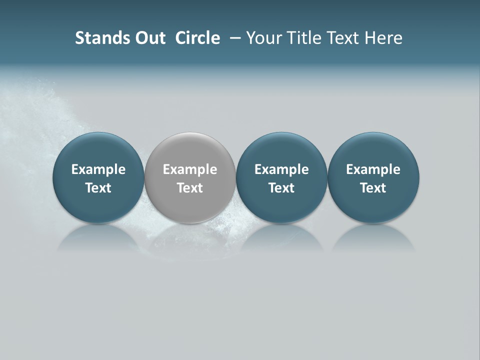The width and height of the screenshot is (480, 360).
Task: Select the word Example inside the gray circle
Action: coord(190,169)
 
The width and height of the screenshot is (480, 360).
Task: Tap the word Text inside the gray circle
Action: coord(190,188)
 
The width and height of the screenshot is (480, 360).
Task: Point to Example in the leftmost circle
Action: coord(98,169)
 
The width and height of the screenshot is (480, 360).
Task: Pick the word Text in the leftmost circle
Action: coord(98,188)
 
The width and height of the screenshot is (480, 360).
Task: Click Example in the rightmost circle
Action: coord(373,169)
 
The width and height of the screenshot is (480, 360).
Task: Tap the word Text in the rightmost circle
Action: coord(373,188)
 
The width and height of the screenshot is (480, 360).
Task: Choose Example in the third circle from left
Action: coord(281,169)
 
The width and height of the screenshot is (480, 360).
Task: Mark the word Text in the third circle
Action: coord(281,188)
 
